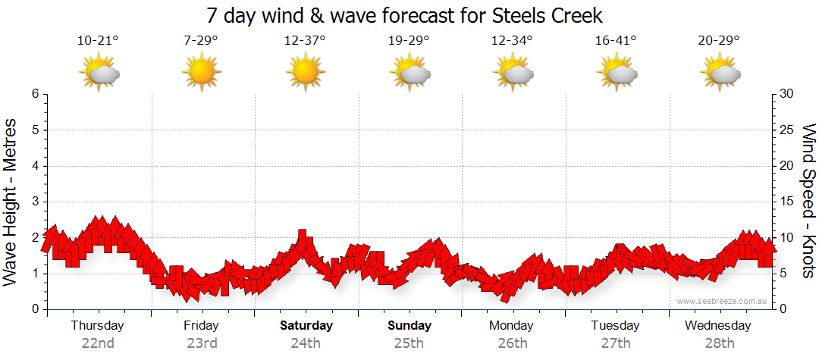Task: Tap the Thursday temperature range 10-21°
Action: (x=98, y=40)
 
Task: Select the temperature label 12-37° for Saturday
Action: (x=305, y=40)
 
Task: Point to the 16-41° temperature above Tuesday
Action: (x=616, y=40)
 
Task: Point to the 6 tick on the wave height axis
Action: (x=35, y=94)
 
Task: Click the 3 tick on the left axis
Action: (x=35, y=202)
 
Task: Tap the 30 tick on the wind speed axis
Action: (x=787, y=94)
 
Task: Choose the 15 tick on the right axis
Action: (x=787, y=202)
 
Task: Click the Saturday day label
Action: (x=306, y=326)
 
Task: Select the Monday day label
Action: (x=512, y=326)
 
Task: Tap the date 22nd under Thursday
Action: (x=98, y=343)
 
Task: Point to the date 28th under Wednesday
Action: (x=718, y=343)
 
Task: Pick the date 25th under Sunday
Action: (x=409, y=343)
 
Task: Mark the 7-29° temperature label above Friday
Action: (x=201, y=40)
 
